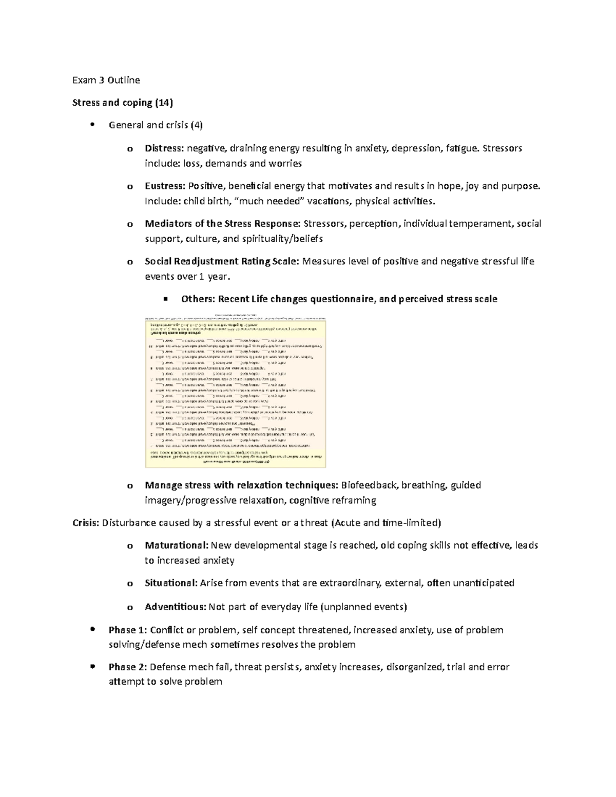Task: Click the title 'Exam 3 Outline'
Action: pyautogui.click(x=106, y=80)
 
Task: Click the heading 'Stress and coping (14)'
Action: pyautogui.click(x=123, y=103)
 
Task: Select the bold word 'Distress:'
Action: pyautogui.click(x=164, y=149)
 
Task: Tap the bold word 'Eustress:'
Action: pyautogui.click(x=165, y=186)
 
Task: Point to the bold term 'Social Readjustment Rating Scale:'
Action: pyautogui.click(x=221, y=262)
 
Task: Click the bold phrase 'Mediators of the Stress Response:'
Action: pyautogui.click(x=222, y=224)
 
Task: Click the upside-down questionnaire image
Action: pyautogui.click(x=236, y=392)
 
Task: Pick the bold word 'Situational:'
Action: pyautogui.click(x=171, y=583)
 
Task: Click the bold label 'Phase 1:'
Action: pyautogui.click(x=128, y=630)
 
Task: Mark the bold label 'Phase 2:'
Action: pyautogui.click(x=128, y=667)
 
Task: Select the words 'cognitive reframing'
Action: pyautogui.click(x=333, y=500)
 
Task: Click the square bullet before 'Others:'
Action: pyautogui.click(x=165, y=299)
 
